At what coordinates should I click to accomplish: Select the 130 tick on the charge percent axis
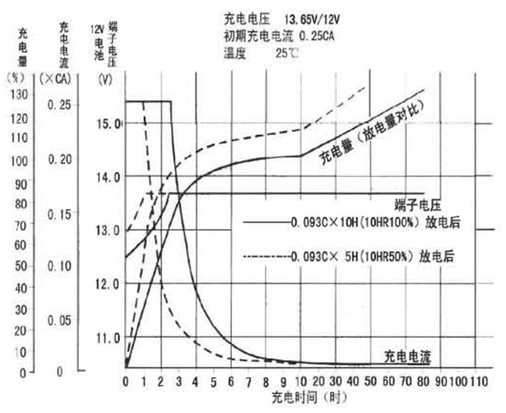tap(21, 95)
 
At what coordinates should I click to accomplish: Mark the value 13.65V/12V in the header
tap(313, 17)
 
